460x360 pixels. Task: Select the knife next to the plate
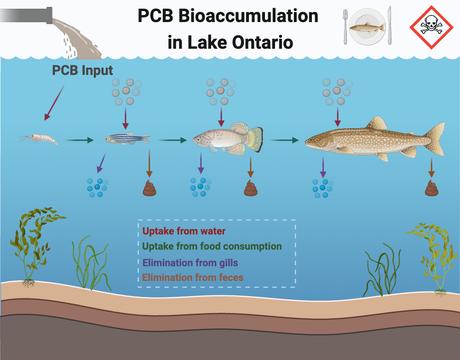[x=389, y=25]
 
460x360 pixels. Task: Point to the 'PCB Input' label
[x=82, y=71]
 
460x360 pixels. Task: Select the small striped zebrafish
[x=127, y=138]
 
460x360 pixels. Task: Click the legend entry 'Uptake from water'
[x=184, y=231]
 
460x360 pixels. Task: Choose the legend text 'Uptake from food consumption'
[x=212, y=246]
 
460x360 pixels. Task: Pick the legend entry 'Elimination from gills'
[x=190, y=263]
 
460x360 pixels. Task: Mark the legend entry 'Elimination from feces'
[x=193, y=277]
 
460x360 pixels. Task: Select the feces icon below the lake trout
[x=431, y=188]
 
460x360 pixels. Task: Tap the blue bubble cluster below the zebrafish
[x=98, y=188]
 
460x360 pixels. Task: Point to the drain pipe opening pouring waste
[x=50, y=16]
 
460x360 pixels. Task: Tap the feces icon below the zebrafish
[x=149, y=188]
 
